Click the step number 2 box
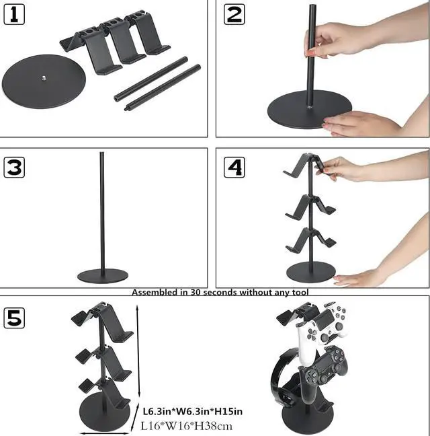234,13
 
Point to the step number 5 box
14,317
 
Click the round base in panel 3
102,276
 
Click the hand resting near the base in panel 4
359,277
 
